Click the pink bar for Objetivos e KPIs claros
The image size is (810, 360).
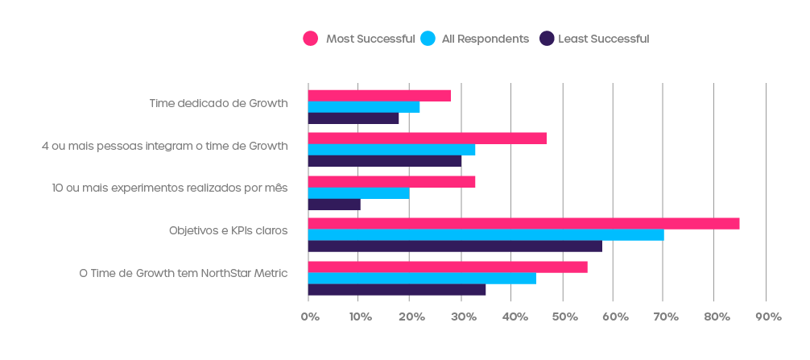(523, 223)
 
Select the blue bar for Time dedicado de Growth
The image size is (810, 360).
(364, 107)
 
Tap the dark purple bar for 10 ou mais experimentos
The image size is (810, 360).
(334, 205)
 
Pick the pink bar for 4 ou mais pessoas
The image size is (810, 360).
(427, 138)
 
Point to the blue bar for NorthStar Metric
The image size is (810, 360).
(422, 278)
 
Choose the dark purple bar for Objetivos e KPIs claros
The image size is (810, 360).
(455, 246)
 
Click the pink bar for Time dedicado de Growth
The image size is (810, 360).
(379, 95)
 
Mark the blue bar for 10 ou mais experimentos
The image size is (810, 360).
(358, 193)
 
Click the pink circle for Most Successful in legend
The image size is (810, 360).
(310, 38)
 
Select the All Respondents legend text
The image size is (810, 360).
(486, 39)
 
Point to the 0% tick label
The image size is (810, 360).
(309, 317)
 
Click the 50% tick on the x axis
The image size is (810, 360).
(563, 317)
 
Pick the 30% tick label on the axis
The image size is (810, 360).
(461, 317)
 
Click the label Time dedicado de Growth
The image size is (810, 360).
(218, 103)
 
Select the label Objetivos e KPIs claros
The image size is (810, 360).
(228, 230)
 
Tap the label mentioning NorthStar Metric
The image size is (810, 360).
(183, 273)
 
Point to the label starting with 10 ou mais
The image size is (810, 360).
(169, 188)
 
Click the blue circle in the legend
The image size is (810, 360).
(428, 38)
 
